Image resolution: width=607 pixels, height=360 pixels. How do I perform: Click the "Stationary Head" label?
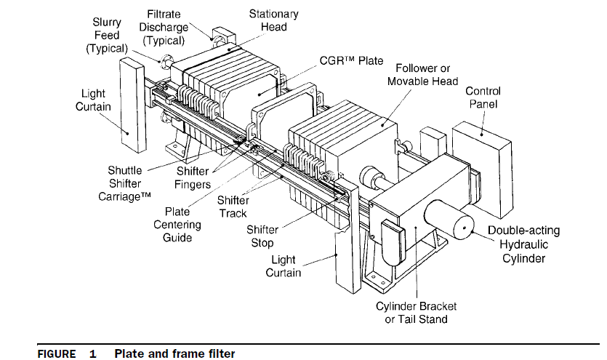click(273, 20)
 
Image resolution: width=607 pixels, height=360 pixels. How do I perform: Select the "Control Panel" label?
click(483, 98)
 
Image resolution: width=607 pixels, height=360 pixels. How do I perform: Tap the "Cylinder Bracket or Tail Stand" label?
click(411, 312)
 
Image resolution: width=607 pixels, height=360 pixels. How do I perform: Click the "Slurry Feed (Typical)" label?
click(106, 36)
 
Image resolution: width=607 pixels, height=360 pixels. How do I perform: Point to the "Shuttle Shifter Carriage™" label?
click(125, 183)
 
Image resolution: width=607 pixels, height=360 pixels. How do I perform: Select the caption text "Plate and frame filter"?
click(174, 353)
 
